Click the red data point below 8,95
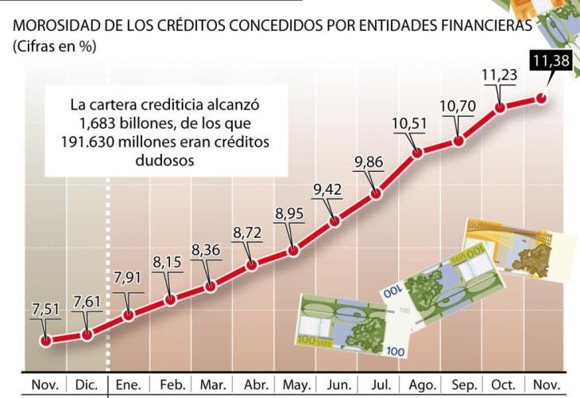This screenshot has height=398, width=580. (x=292, y=250)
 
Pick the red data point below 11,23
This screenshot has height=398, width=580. (x=501, y=107)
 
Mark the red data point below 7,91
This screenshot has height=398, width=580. (x=128, y=314)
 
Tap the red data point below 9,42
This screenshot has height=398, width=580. (x=334, y=221)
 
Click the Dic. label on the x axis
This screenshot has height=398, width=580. (x=87, y=385)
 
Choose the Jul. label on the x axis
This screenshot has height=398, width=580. (x=381, y=385)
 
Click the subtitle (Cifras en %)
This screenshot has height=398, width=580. (x=51, y=47)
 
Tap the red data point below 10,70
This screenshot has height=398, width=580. (x=458, y=142)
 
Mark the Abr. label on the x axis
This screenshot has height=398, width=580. (x=254, y=385)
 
